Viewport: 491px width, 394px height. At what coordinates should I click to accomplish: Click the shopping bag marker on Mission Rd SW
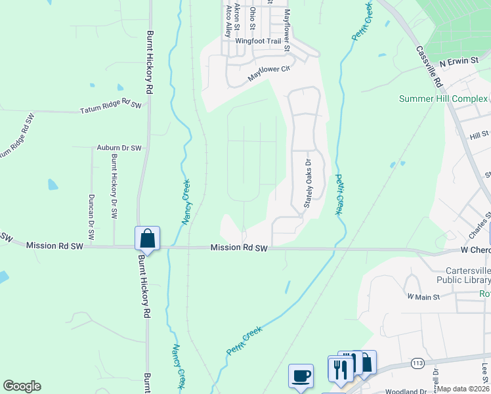point(148,238)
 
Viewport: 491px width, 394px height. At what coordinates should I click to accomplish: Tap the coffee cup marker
point(301,376)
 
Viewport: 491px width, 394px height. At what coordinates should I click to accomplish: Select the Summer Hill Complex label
point(444,98)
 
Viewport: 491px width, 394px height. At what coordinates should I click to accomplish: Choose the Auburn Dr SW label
point(119,148)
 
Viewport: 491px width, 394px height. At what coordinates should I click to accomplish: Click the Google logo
point(22,386)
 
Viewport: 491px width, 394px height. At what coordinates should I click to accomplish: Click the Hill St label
point(480,135)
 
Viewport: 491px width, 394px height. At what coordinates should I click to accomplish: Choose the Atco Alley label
point(228,19)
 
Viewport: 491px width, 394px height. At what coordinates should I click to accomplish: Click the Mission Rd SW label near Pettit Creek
point(240,248)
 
